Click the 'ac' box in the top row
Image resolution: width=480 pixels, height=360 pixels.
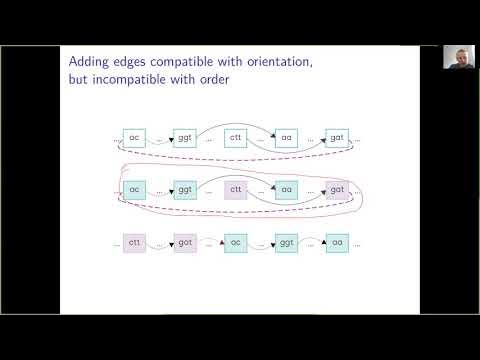coord(134,137)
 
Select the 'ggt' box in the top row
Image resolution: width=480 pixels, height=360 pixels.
coord(185,137)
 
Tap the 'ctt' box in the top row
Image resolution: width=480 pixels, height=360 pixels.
coord(236,137)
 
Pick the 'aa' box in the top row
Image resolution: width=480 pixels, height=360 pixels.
coord(287,137)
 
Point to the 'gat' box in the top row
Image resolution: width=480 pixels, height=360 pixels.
coord(337,137)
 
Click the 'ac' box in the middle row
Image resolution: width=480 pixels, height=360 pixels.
coord(134,188)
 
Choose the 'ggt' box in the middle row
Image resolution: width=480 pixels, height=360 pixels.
coord(185,188)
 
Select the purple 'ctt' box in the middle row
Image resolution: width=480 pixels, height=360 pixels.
coord(236,188)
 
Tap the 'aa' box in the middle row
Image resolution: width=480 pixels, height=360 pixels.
coord(287,188)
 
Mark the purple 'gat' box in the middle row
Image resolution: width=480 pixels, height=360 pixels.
coord(337,188)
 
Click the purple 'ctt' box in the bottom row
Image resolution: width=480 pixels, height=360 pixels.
coord(134,243)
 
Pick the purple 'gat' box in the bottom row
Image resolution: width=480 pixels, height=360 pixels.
coord(185,243)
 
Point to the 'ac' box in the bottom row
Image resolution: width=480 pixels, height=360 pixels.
coord(236,243)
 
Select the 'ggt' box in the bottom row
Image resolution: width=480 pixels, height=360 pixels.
coord(287,243)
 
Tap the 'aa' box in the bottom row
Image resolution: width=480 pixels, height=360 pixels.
coord(337,243)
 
